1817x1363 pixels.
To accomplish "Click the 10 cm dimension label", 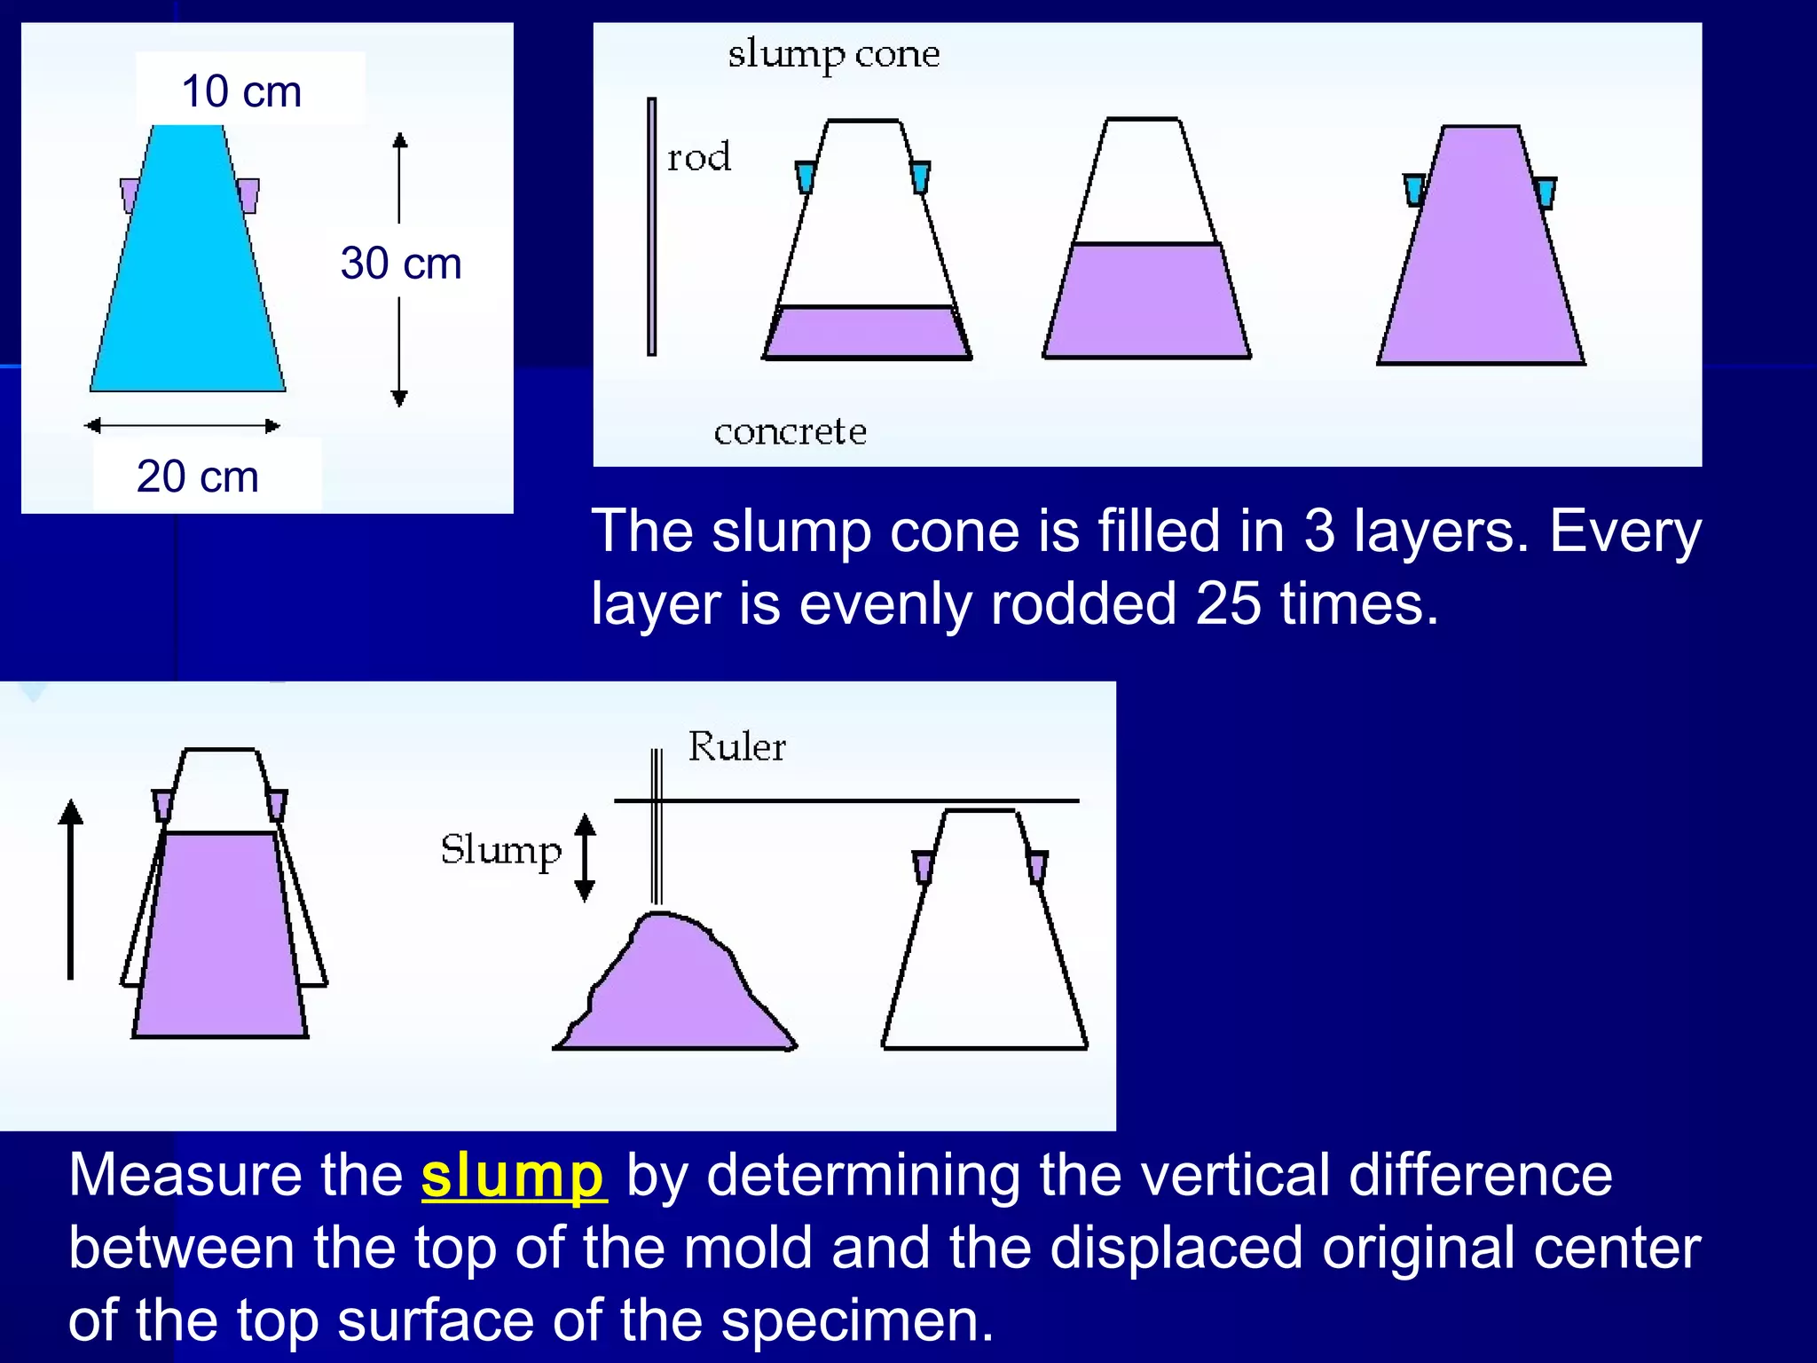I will click(241, 91).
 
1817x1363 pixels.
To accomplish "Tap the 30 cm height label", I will click(401, 264).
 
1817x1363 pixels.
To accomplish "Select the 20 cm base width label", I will click(198, 477).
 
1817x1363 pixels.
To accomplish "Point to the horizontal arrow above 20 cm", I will click(183, 426).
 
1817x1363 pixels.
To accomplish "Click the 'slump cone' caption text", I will click(833, 55).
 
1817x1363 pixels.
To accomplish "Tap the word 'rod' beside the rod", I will click(699, 158).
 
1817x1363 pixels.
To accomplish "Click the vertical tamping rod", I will click(652, 226).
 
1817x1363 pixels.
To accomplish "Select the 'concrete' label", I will click(790, 432).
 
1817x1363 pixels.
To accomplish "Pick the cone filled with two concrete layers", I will click(1146, 266).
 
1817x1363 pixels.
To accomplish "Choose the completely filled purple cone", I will click(1481, 257).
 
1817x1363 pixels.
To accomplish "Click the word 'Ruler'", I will click(736, 747).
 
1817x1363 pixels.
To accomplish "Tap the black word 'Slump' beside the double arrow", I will click(501, 850).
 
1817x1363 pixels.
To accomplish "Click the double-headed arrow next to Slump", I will click(585, 857).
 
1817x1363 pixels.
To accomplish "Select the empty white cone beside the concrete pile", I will click(984, 949).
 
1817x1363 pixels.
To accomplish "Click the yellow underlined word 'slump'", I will click(513, 1175).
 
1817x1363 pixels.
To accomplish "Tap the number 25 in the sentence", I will click(1228, 604).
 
